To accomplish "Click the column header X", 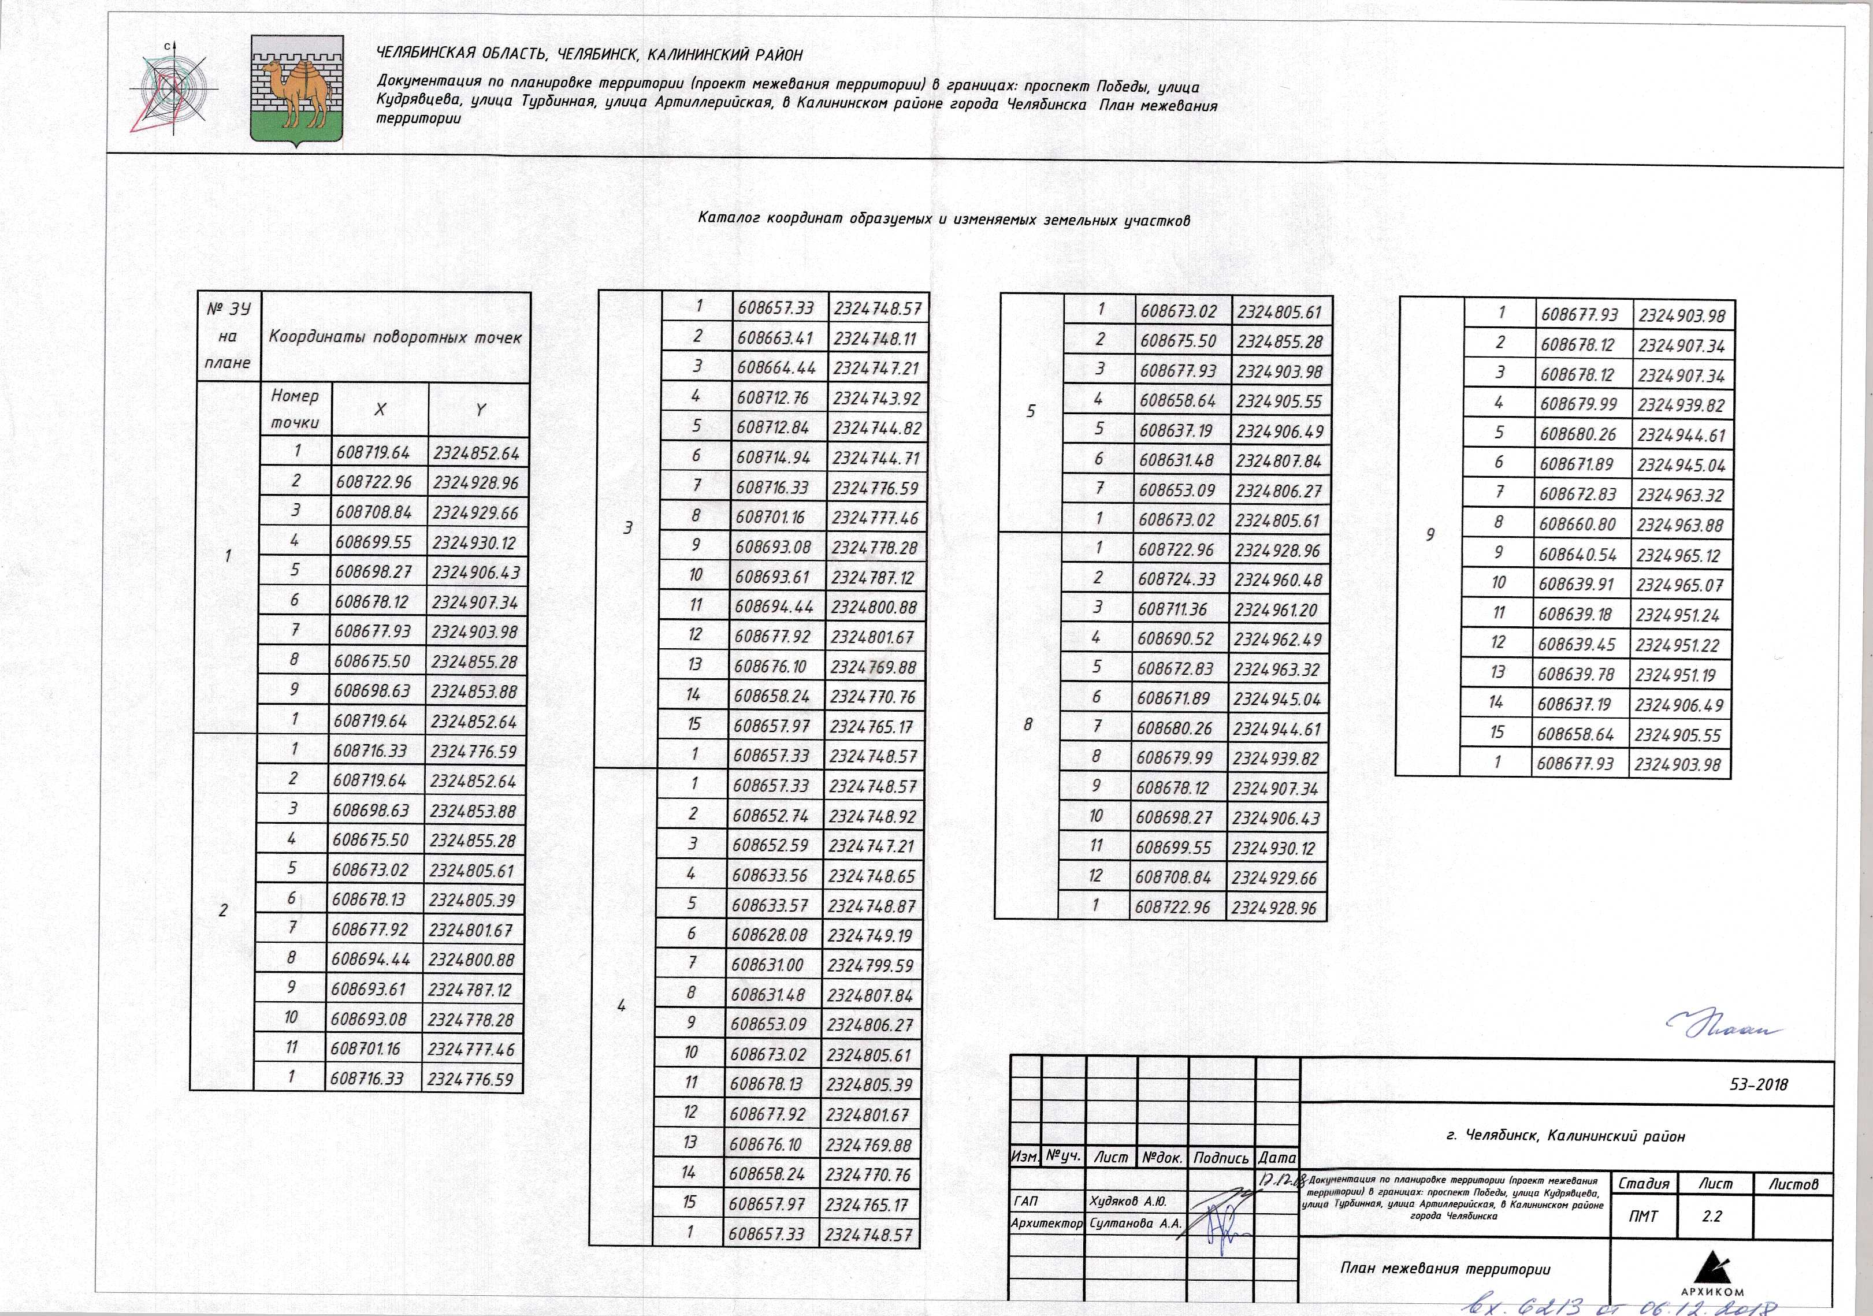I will coord(380,410).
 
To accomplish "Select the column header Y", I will coord(480,410).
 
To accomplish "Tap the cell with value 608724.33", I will coord(1176,579).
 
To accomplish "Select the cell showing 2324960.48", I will coord(1277,580).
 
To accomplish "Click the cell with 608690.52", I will coord(1176,640).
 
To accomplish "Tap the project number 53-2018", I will coord(1758,1084).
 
